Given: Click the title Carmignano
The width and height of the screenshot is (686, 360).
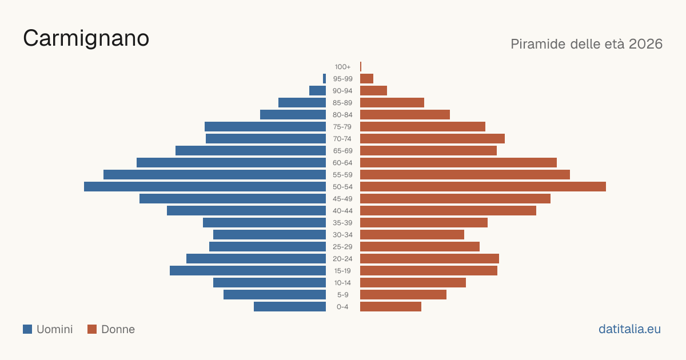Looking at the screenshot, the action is point(86,39).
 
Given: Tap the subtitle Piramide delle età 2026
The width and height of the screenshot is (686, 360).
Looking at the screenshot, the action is point(587,44).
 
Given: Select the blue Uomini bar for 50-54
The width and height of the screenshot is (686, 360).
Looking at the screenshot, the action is point(205,187).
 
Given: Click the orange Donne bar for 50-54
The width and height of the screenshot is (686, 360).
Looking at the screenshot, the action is point(483,187).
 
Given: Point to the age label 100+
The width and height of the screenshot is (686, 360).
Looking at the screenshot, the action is point(342,67).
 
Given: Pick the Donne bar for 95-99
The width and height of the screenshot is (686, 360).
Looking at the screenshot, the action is point(366,79).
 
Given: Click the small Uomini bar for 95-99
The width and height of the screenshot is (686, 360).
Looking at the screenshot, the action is point(324,79).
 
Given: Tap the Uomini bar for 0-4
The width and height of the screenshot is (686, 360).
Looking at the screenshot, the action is point(290,307).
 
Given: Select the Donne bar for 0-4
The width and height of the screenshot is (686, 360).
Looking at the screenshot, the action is point(391,307).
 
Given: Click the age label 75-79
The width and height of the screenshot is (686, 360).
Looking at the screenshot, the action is point(342,127).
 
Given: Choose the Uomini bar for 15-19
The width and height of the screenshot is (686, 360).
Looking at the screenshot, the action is point(248,271).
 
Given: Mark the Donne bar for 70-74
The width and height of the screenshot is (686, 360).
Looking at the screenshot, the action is point(432,139).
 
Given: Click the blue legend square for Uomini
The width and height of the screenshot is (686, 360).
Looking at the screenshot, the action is point(27,329).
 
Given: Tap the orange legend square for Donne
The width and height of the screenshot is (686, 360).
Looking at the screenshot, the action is point(92,329).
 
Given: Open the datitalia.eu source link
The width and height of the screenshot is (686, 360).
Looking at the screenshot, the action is point(629,329).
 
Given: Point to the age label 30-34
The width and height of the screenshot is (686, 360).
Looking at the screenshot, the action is point(342,235).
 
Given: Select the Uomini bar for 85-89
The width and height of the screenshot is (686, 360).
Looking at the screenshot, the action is point(302,102).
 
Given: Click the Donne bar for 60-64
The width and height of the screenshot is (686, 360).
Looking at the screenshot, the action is point(458,162).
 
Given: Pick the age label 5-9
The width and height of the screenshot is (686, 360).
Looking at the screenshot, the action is point(342,295).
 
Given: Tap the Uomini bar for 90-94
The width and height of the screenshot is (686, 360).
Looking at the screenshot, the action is point(318,91).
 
